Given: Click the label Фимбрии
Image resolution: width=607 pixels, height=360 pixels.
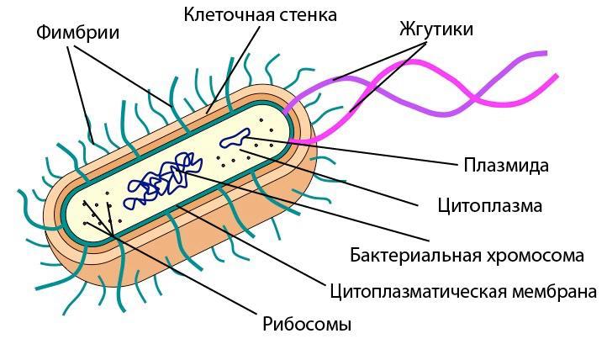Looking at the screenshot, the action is pos(78,32).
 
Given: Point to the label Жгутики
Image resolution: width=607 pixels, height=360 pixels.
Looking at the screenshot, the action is pos(436,29).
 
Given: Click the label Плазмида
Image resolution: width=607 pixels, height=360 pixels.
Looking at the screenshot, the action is pos(506,165).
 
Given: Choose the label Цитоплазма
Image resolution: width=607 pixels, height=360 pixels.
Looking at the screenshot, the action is pos(489,205).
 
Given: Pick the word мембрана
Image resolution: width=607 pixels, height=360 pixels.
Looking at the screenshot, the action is pos(554,291).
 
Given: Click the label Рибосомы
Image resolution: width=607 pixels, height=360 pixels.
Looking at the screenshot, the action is pos(307,324).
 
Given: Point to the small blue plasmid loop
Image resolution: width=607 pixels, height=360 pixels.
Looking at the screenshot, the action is pos(235,138).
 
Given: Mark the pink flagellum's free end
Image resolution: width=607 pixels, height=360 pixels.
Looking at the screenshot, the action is pos(557,76).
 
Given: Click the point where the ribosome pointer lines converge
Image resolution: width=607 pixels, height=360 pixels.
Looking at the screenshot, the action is pos(113,235).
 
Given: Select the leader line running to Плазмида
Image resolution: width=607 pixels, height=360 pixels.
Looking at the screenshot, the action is pos(352,151).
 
